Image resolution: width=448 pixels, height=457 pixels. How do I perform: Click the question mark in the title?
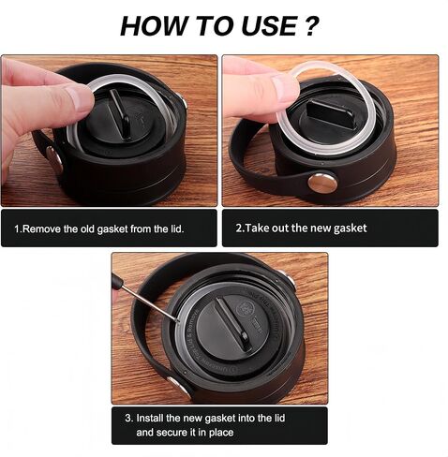[x=310, y=25]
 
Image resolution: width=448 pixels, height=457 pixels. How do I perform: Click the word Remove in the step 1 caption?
[x=41, y=228]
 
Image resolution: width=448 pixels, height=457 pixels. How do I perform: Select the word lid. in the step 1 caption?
[x=177, y=228]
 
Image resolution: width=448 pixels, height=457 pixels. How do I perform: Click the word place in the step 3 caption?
[x=221, y=433]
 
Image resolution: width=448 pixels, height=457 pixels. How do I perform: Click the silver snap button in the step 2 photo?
[x=322, y=183]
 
